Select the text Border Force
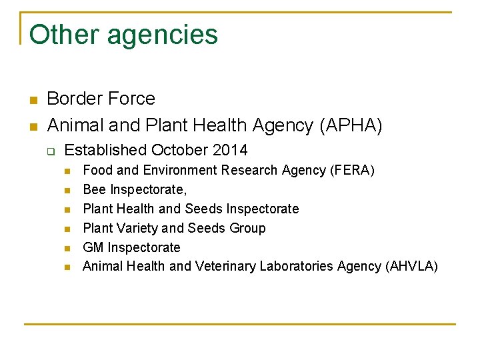[x=101, y=99]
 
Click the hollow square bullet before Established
[x=50, y=151]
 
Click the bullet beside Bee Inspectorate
[x=67, y=191]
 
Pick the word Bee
[x=95, y=190]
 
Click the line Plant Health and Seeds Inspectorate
[x=191, y=209]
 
